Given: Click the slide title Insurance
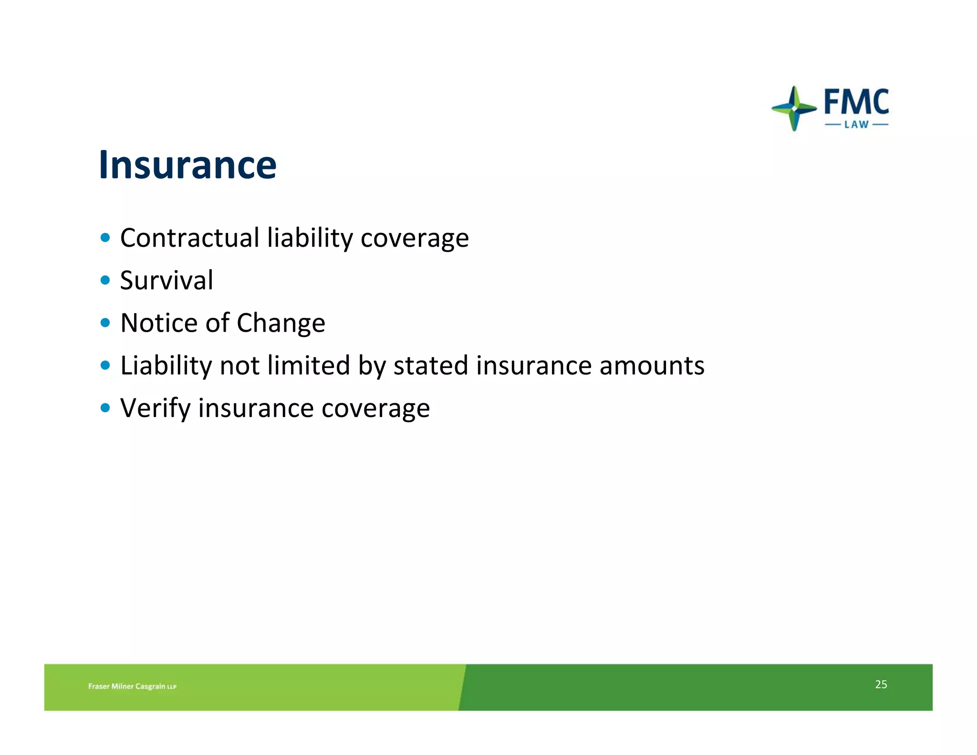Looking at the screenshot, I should (x=187, y=165).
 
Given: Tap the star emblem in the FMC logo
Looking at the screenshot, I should (x=793, y=109).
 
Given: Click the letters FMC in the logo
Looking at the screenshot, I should (x=856, y=102).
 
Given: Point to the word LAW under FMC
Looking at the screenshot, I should (x=857, y=125).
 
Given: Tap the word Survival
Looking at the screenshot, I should (x=166, y=280).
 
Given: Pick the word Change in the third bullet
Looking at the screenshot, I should (x=281, y=324).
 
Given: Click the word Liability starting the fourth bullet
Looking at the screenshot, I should (x=166, y=366).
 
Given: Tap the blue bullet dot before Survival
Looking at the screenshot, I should (x=105, y=280).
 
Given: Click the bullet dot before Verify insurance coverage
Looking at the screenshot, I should (x=105, y=408).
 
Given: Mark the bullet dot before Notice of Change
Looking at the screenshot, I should (x=105, y=323).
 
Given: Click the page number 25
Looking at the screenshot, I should (x=881, y=684).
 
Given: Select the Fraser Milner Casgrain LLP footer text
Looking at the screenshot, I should (x=132, y=686).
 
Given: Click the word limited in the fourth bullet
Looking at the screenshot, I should (x=309, y=366).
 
